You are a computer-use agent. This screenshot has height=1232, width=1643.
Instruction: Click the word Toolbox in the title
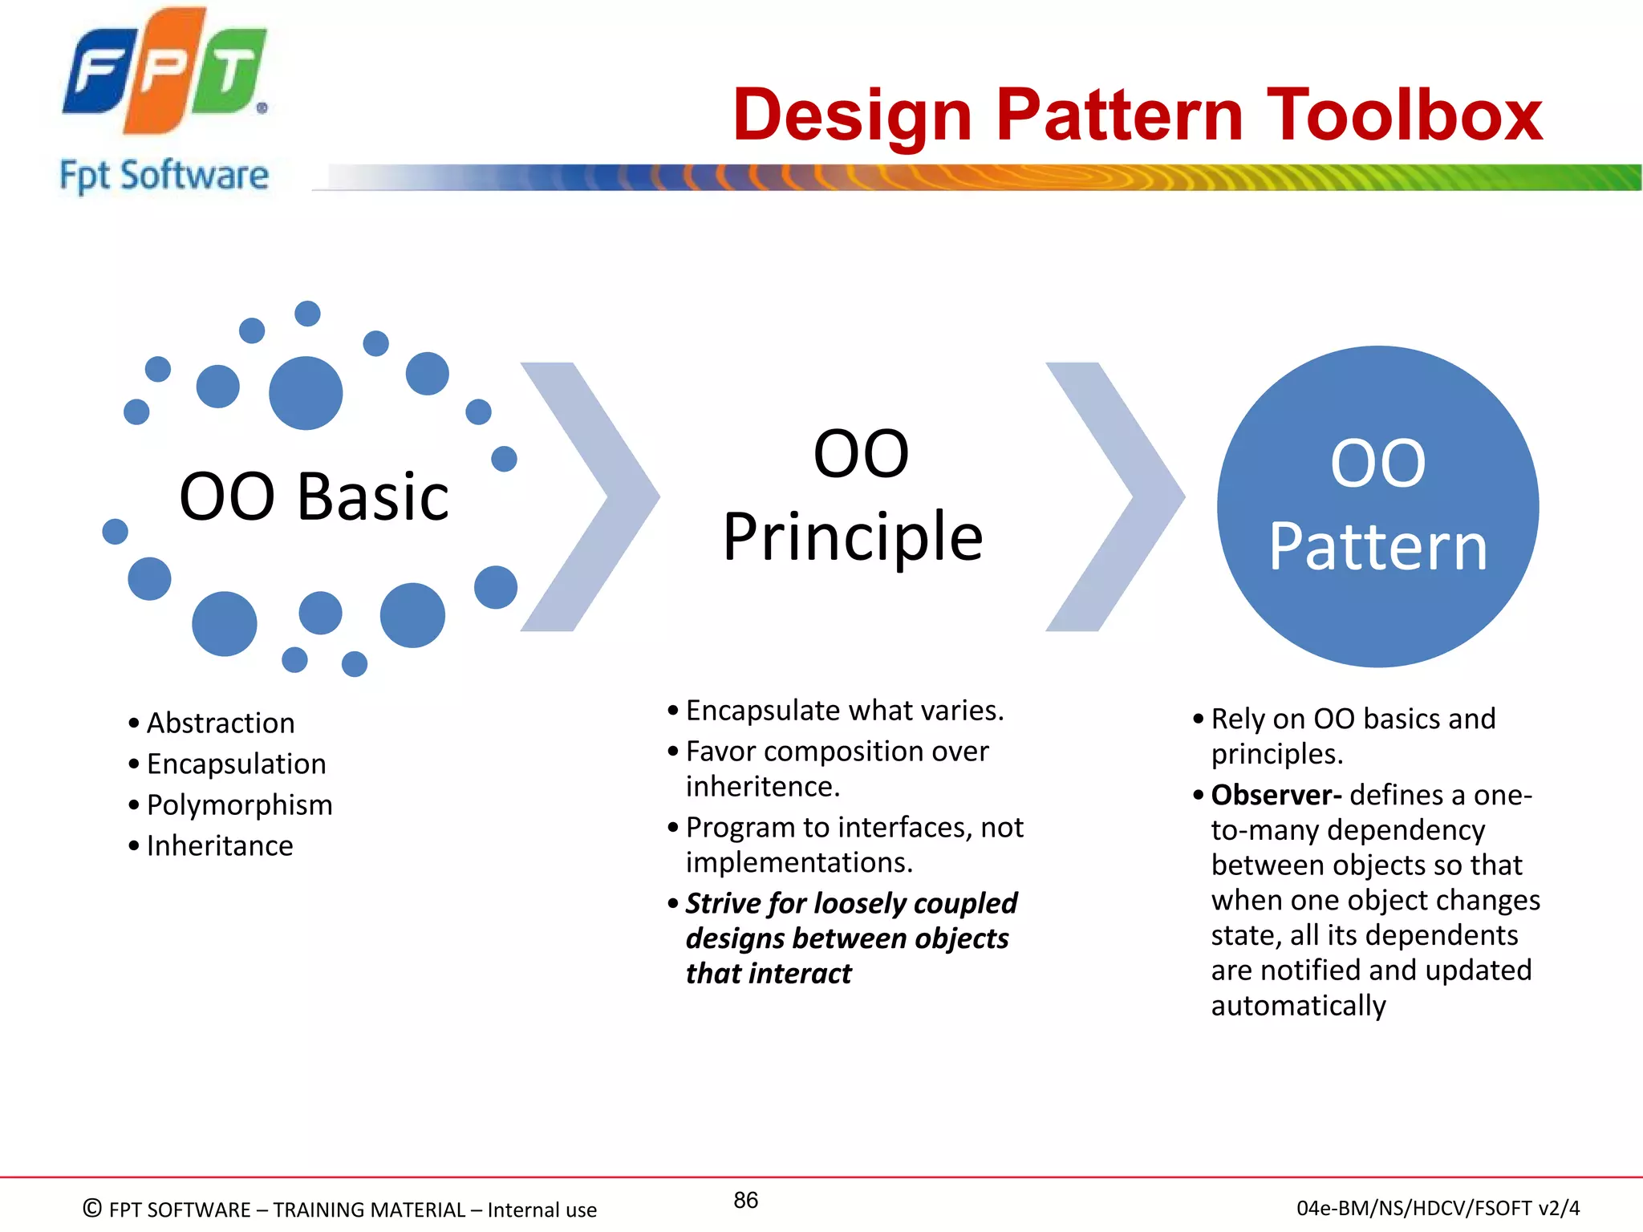coord(1404,115)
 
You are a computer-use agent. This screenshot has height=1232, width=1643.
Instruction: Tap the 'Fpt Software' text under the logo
coord(164,176)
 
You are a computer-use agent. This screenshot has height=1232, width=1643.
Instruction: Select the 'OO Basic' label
coord(314,496)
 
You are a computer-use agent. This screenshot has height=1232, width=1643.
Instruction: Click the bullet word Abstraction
coord(221,723)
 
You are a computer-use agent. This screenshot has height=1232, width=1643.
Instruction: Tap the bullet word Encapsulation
coord(237,764)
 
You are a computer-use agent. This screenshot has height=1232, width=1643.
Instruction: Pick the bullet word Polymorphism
coord(239,805)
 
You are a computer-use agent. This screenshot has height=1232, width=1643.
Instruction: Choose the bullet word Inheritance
coord(220,846)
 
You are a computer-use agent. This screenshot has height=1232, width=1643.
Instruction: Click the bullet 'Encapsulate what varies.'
coord(844,711)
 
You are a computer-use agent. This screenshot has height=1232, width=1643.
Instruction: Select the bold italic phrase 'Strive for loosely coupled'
coord(851,903)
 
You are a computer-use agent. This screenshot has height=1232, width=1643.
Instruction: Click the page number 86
coord(745,1200)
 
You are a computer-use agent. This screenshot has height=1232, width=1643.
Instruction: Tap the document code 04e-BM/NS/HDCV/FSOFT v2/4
coord(1438,1208)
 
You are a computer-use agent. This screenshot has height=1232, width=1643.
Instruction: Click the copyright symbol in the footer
coord(92,1208)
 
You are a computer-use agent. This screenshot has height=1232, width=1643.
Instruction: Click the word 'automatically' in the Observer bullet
coord(1298,1006)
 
